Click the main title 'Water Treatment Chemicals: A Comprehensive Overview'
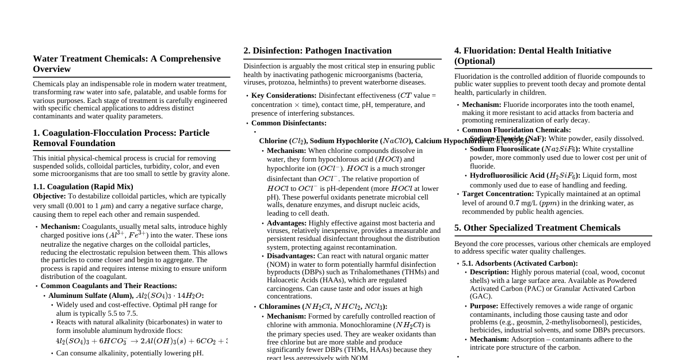point(127,63)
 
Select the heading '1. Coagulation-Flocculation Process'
point(121,137)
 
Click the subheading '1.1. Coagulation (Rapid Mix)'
point(83,186)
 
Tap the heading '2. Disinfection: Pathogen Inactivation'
point(317,51)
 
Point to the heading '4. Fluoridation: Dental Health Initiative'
point(533,55)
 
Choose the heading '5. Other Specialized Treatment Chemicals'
point(537,228)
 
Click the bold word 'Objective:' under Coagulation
point(49,196)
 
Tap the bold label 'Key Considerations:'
point(284,95)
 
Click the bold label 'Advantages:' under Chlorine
point(286,223)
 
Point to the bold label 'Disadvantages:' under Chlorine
point(291,256)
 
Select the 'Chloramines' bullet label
point(280,307)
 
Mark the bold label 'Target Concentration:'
point(498,194)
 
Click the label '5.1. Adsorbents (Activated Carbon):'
point(520,263)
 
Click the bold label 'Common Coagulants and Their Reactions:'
point(109,286)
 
